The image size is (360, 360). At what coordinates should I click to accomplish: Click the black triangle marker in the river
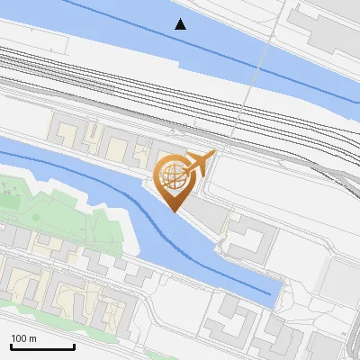pyautogui.click(x=181, y=24)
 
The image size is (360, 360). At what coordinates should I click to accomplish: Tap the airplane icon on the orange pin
pyautogui.click(x=198, y=164)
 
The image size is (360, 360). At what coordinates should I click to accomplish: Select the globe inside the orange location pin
pyautogui.click(x=172, y=176)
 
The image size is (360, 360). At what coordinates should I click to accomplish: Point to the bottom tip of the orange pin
pyautogui.click(x=173, y=212)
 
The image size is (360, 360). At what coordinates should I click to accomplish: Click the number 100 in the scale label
pyautogui.click(x=19, y=338)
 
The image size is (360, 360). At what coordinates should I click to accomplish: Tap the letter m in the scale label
pyautogui.click(x=33, y=338)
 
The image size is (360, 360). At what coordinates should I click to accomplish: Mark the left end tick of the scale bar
pyautogui.click(x=11, y=346)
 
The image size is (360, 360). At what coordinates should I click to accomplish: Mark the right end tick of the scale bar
pyautogui.click(x=74, y=346)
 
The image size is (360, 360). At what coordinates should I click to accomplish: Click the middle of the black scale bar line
pyautogui.click(x=42, y=347)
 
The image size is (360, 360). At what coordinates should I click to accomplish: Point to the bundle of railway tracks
pyautogui.click(x=135, y=81)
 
